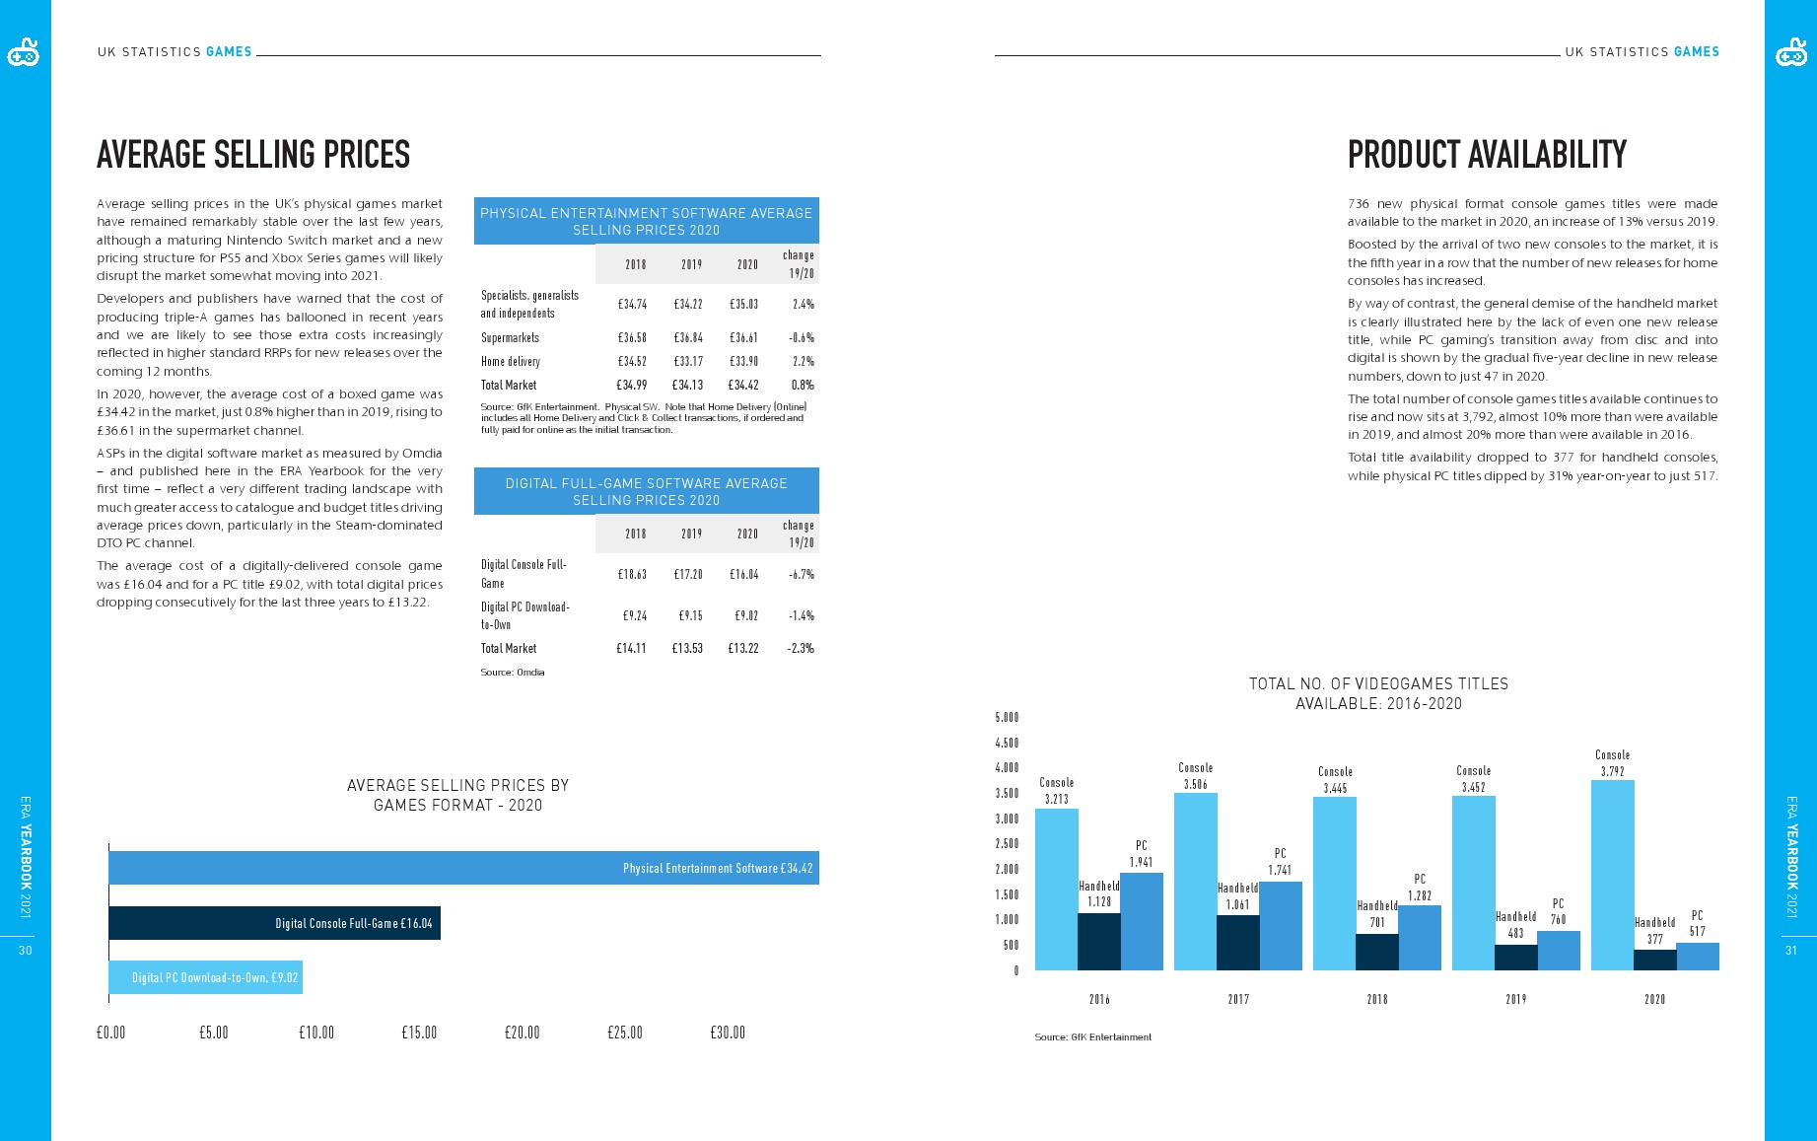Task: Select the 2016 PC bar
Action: [x=1141, y=921]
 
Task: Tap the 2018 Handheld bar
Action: [x=1376, y=952]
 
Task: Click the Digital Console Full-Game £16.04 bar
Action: [x=274, y=923]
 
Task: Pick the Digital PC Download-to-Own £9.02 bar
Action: [x=205, y=977]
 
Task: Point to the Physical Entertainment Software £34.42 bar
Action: [x=463, y=868]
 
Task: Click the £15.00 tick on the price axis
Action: [x=419, y=1033]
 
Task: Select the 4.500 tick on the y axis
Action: [x=1007, y=743]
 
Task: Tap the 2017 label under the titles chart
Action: [x=1238, y=999]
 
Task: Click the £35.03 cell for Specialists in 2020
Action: [x=743, y=304]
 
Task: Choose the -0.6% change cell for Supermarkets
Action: [x=801, y=337]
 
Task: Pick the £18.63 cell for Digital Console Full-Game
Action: [x=632, y=574]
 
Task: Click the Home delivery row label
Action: [x=510, y=361]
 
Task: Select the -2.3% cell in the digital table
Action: [x=801, y=648]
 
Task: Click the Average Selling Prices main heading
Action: [x=253, y=154]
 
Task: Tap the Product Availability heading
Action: [x=1487, y=154]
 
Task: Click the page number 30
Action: [x=26, y=951]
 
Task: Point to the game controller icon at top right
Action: [x=1790, y=53]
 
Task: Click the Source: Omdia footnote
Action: [x=513, y=672]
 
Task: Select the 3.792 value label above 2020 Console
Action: [x=1612, y=771]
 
